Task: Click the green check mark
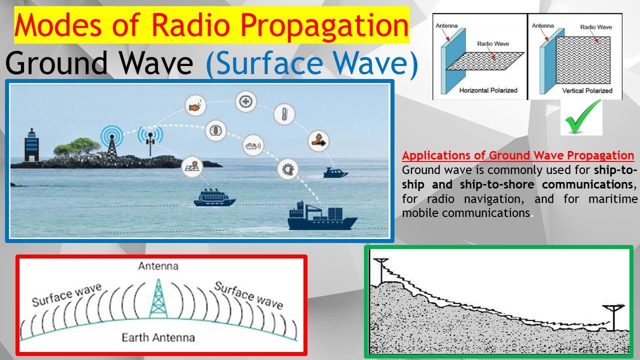[x=583, y=116]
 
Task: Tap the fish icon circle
[x=195, y=106]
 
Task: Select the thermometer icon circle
[x=284, y=114]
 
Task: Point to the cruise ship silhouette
[x=214, y=197]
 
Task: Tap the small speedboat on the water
[x=335, y=173]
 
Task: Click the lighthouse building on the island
[x=31, y=145]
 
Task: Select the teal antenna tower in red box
[x=158, y=299]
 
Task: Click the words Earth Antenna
[x=158, y=337]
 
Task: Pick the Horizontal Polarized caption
[x=488, y=90]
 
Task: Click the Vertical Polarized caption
[x=587, y=90]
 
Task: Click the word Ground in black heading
[x=56, y=63]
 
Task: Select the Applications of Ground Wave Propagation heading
[x=518, y=155]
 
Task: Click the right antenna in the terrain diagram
[x=613, y=317]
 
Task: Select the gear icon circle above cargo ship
[x=287, y=169]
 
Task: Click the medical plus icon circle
[x=245, y=101]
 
